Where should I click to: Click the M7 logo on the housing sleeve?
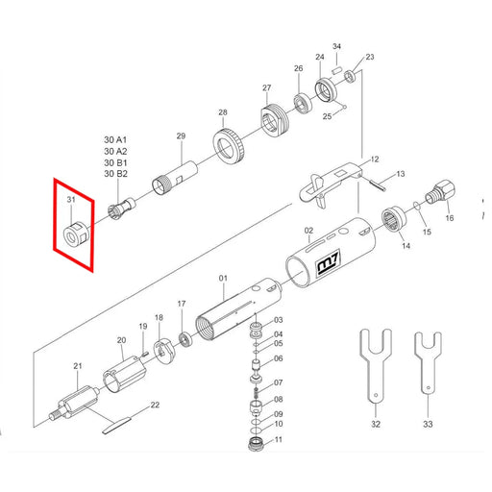[329, 263]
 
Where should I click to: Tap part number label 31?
[71, 199]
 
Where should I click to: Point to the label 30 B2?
[115, 174]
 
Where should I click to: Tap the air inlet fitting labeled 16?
[440, 193]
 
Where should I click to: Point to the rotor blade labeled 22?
[116, 425]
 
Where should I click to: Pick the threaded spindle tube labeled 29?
[174, 178]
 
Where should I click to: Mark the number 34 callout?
[336, 46]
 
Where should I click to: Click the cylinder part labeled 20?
[124, 374]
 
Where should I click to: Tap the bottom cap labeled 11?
[256, 445]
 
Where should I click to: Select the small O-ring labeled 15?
[416, 205]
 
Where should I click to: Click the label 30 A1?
[115, 140]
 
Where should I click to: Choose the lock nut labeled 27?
[274, 119]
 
